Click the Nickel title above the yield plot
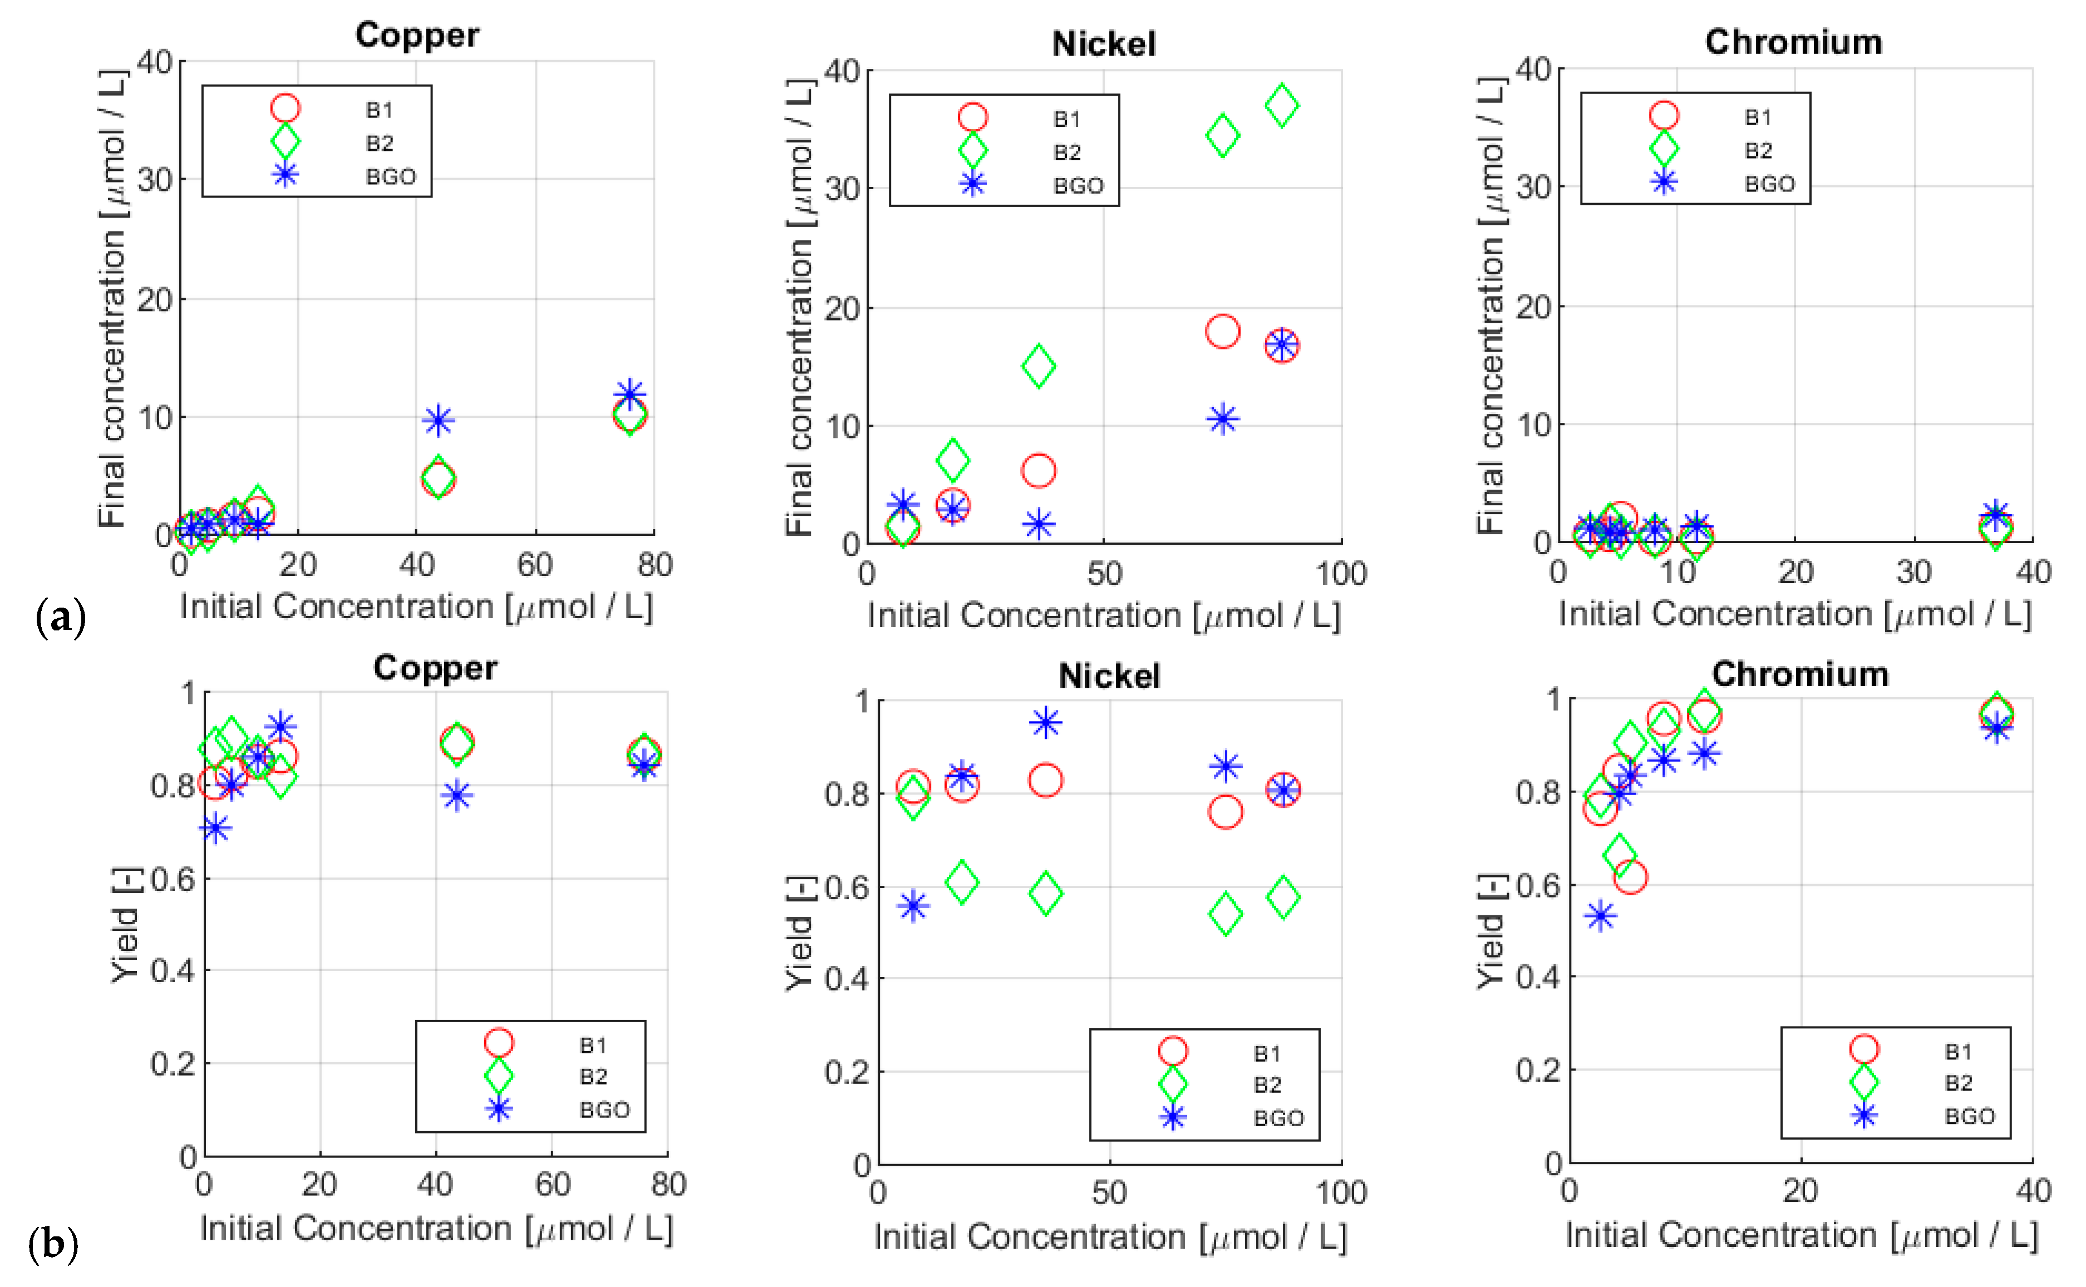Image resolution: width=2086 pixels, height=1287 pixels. tap(1109, 677)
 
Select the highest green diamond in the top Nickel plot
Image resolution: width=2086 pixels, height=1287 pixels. tap(1281, 106)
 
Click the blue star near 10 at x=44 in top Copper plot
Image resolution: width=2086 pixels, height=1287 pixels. tap(437, 420)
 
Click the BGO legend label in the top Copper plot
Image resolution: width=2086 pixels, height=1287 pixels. tap(391, 177)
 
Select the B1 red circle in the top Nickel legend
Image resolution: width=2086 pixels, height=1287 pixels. tap(972, 117)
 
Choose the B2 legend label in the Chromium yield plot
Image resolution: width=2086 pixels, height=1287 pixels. tap(1959, 1083)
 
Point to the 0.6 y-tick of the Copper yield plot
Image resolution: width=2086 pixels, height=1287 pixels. tap(173, 879)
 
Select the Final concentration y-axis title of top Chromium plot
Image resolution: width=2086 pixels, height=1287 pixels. tap(1490, 307)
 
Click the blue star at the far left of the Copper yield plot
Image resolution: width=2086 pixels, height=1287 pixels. tap(215, 827)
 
